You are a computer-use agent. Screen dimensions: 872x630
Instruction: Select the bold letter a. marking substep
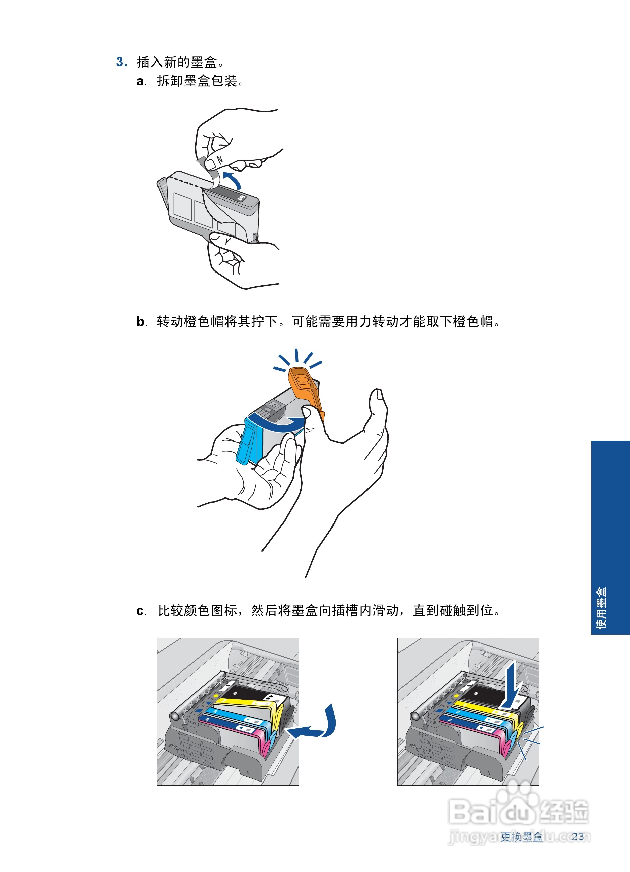(x=141, y=81)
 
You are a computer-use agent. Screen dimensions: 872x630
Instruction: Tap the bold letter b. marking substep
(x=141, y=321)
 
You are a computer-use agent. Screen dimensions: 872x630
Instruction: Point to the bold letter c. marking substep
(x=141, y=611)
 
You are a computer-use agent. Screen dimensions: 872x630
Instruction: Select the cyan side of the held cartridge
(x=246, y=442)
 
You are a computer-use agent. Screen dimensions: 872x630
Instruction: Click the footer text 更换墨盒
(x=522, y=837)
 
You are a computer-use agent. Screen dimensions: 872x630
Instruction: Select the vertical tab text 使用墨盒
(x=601, y=608)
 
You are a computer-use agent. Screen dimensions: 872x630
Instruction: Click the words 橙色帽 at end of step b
(x=473, y=321)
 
